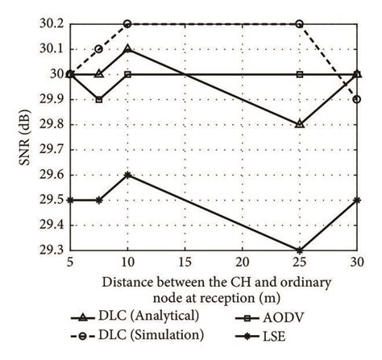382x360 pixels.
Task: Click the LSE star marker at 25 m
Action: pyautogui.click(x=300, y=250)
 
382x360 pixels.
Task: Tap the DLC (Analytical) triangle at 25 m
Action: pyautogui.click(x=300, y=124)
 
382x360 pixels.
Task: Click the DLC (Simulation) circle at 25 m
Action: pyautogui.click(x=300, y=23)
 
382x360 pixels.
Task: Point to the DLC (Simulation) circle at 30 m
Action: pyautogui.click(x=357, y=99)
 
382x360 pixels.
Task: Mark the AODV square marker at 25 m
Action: pyautogui.click(x=300, y=74)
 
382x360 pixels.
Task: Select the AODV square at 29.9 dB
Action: pyautogui.click(x=98, y=99)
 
